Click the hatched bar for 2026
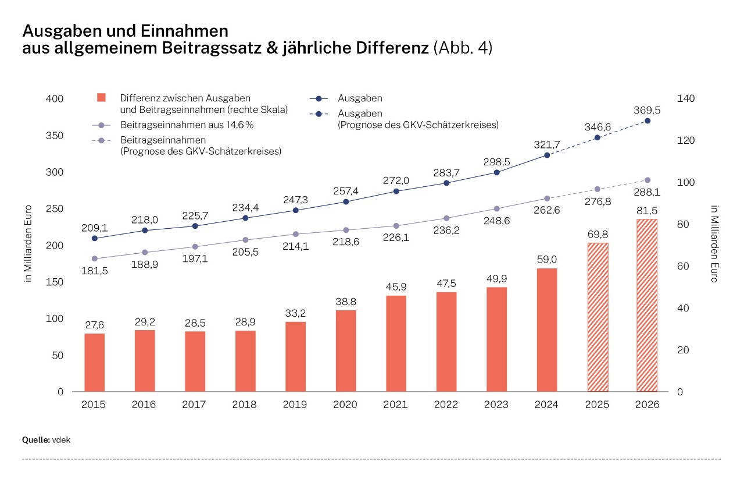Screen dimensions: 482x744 tap(647, 305)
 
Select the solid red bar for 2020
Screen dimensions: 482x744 tap(346, 350)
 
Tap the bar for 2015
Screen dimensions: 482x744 tap(95, 362)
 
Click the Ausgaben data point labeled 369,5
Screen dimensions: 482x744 tap(647, 120)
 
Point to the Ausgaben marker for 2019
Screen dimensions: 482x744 tap(295, 210)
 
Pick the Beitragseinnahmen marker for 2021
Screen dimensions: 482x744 tap(396, 226)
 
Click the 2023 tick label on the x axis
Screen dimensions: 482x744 tap(496, 405)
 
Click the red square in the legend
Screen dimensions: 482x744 tap(101, 98)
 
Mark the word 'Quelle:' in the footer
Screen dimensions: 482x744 tap(35, 440)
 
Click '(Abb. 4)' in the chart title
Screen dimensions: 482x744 tap(463, 48)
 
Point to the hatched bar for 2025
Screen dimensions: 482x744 tap(597, 317)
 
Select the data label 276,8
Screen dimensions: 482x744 tap(597, 201)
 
